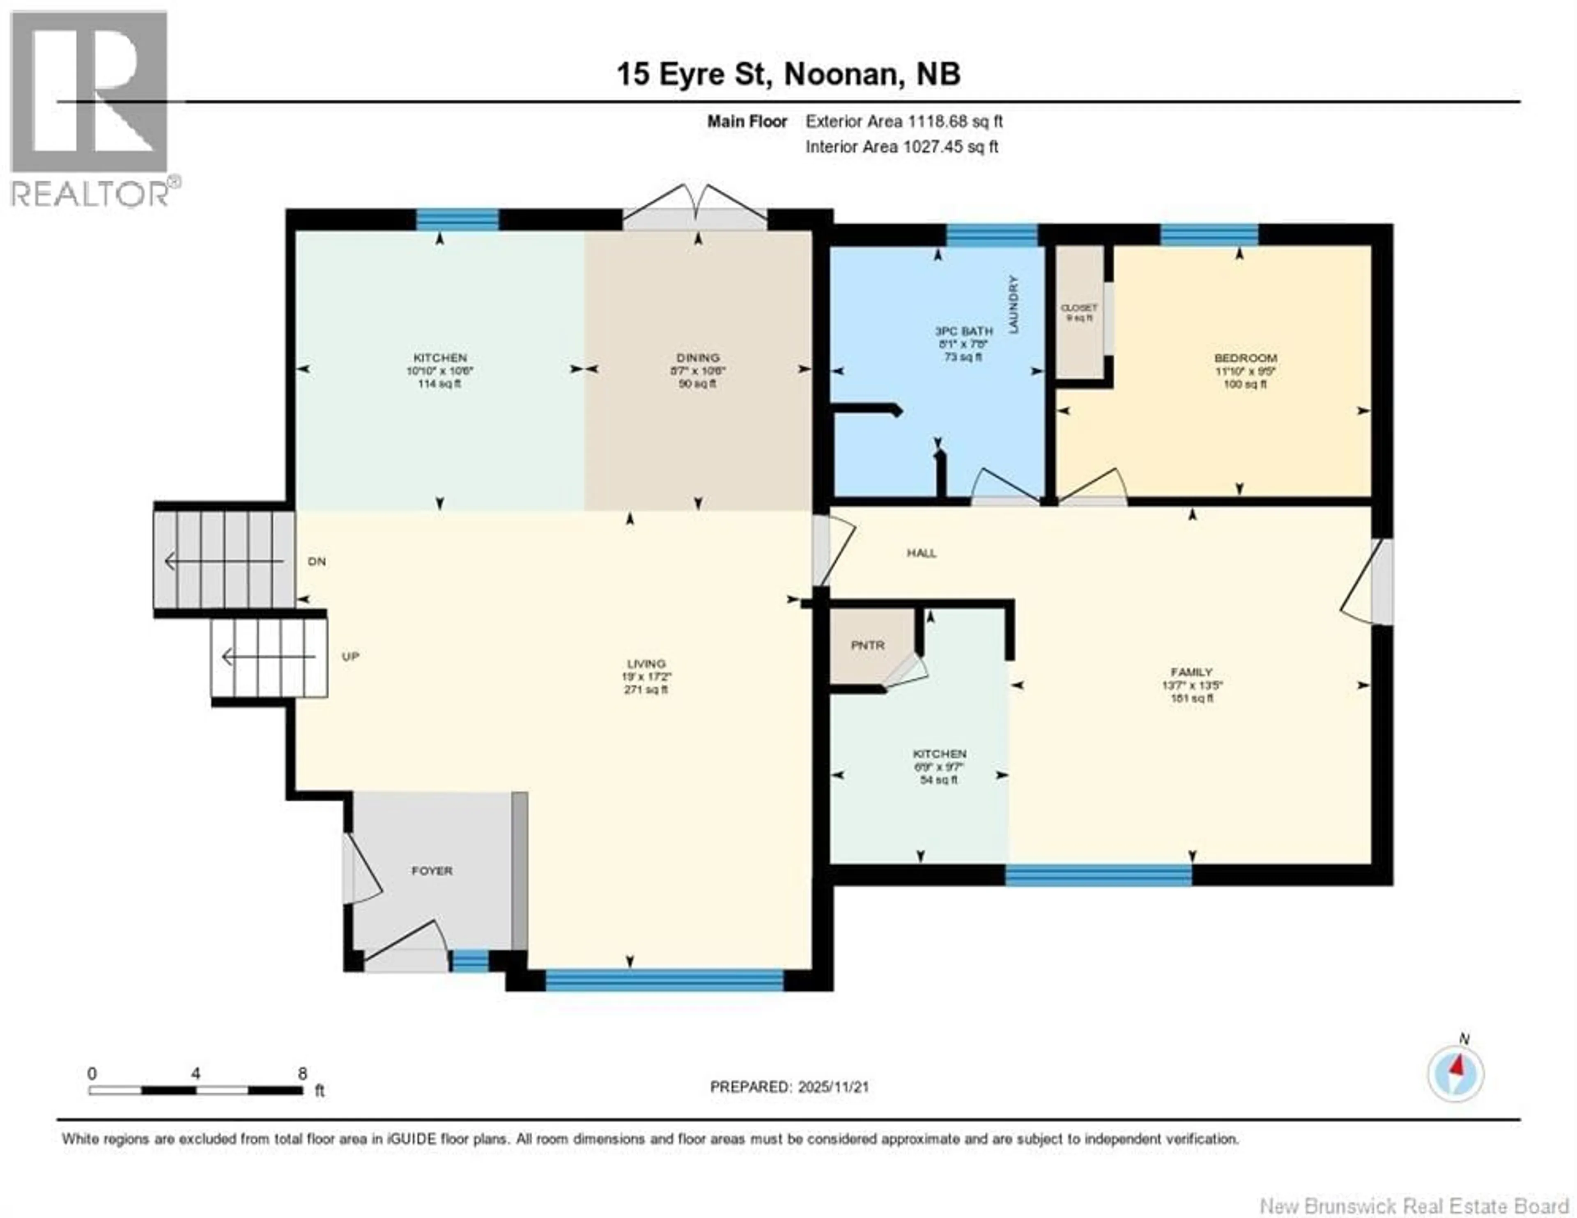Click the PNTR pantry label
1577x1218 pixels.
pyautogui.click(x=867, y=645)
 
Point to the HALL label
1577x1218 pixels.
pyautogui.click(x=922, y=553)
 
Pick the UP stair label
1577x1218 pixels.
pyautogui.click(x=350, y=657)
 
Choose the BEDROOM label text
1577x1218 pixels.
pyautogui.click(x=1246, y=358)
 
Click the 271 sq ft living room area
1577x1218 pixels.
pyautogui.click(x=646, y=690)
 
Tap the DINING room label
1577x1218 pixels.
pyautogui.click(x=697, y=358)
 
